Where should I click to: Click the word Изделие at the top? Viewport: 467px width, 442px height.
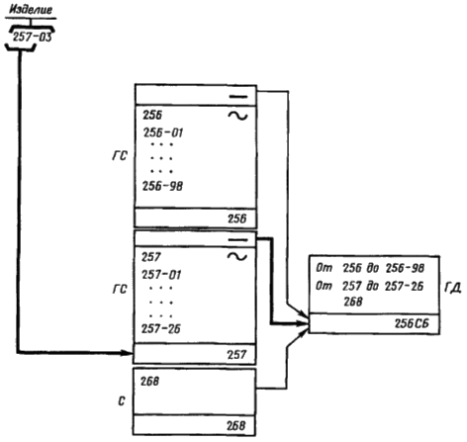(x=31, y=9)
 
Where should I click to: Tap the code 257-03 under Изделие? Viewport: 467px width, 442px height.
(x=33, y=37)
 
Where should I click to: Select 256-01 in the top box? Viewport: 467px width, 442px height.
(x=163, y=133)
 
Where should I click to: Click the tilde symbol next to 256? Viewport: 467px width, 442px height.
(x=237, y=116)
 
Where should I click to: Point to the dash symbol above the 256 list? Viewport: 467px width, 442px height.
(x=238, y=97)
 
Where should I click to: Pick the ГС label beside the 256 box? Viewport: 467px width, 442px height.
(x=120, y=155)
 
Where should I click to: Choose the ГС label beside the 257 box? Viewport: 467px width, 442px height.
(x=120, y=289)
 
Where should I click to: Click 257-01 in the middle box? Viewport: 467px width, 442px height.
(x=161, y=275)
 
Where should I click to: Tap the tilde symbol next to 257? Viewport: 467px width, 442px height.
(x=237, y=256)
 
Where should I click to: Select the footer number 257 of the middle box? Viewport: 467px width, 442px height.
(x=236, y=355)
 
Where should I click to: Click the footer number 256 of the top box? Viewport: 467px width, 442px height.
(x=236, y=219)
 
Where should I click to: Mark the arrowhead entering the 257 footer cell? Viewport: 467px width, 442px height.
(x=127, y=353)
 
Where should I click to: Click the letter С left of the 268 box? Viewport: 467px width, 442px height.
(x=122, y=401)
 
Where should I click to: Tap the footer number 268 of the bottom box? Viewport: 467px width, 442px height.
(x=236, y=425)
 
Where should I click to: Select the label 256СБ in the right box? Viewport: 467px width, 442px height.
(x=412, y=323)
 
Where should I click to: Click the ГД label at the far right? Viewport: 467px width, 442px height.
(x=453, y=288)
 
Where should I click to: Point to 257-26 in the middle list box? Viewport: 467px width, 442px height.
(x=161, y=328)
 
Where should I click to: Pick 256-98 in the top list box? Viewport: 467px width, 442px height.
(x=162, y=186)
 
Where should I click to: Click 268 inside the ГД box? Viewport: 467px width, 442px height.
(x=353, y=302)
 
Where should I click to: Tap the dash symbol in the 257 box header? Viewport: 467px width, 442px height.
(x=237, y=240)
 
